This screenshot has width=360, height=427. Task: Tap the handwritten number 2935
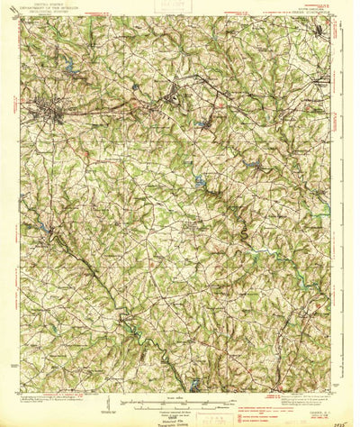(x=342, y=418)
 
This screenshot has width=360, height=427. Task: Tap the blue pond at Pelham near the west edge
(x=40, y=230)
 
